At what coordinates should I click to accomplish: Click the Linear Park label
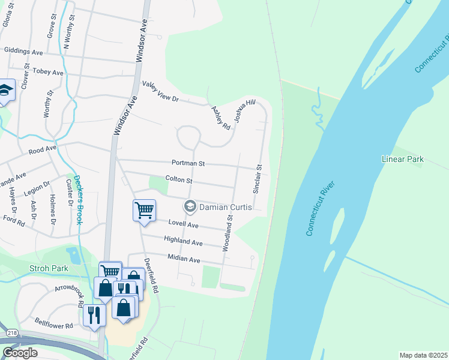tap(403, 159)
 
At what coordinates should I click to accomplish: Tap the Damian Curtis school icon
tap(190, 206)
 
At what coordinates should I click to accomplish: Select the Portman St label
tap(188, 163)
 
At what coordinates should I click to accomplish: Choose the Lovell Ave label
tap(183, 224)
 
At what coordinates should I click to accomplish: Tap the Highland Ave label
tap(184, 242)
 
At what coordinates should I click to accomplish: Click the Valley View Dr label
tap(160, 92)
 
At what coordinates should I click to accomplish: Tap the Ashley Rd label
tap(221, 118)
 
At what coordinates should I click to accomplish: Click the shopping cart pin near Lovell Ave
tap(144, 211)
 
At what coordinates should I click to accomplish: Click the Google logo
tap(20, 353)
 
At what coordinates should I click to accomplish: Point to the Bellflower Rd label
tap(54, 323)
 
